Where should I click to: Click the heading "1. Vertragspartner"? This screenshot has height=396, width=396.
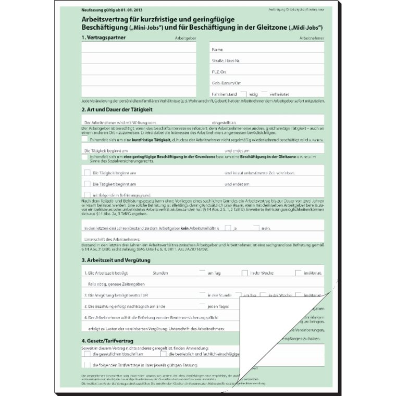coord(104,38)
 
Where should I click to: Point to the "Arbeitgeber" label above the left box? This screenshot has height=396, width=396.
coord(185,39)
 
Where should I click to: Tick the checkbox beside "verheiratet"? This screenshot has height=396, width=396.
coord(265,93)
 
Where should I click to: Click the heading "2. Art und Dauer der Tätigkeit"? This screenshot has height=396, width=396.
coord(117,109)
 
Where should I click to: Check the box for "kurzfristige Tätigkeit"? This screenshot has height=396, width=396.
coord(85,139)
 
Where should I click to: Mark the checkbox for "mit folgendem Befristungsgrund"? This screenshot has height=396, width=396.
coord(87,195)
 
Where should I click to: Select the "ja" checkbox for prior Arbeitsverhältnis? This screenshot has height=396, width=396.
coord(228,228)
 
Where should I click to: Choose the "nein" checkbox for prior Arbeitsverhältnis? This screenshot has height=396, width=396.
coord(256,228)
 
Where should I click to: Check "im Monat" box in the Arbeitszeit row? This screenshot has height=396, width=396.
coord(299,273)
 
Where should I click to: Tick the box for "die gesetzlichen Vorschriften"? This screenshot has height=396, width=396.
coord(86,353)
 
